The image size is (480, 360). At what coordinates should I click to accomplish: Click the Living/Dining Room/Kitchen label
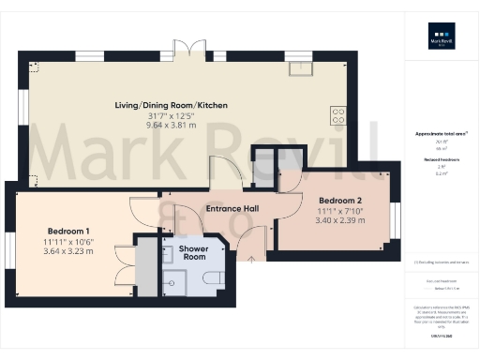click(x=185, y=105)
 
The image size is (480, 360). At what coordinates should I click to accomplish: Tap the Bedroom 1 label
click(x=68, y=232)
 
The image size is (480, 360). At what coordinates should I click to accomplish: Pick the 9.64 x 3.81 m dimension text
click(x=185, y=125)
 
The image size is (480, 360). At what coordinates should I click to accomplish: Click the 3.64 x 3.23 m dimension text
click(x=68, y=251)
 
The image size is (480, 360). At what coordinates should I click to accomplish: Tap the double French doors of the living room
click(x=192, y=50)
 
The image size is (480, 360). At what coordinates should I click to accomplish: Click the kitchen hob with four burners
click(x=338, y=116)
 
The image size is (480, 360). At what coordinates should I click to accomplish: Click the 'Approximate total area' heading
click(x=441, y=134)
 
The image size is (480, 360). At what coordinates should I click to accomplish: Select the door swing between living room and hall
click(x=223, y=172)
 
